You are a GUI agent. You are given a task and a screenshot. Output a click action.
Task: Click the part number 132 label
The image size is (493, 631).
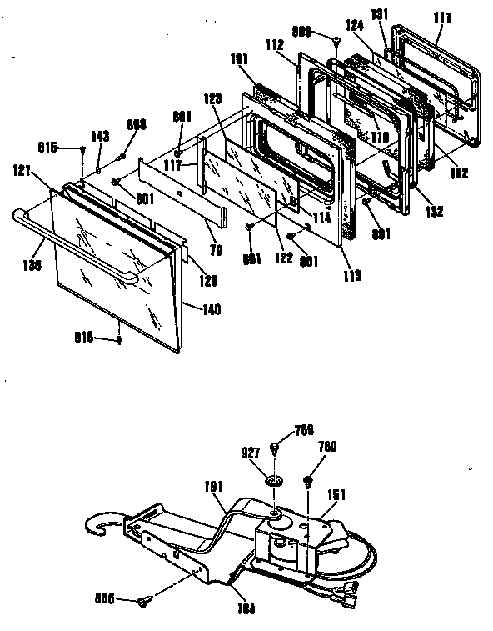click(434, 213)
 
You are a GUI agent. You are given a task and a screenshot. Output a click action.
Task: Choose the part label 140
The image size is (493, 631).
click(212, 308)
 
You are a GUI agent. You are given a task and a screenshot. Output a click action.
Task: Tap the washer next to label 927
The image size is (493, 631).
click(273, 481)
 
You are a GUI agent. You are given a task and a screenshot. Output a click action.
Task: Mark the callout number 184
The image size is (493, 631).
click(244, 608)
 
